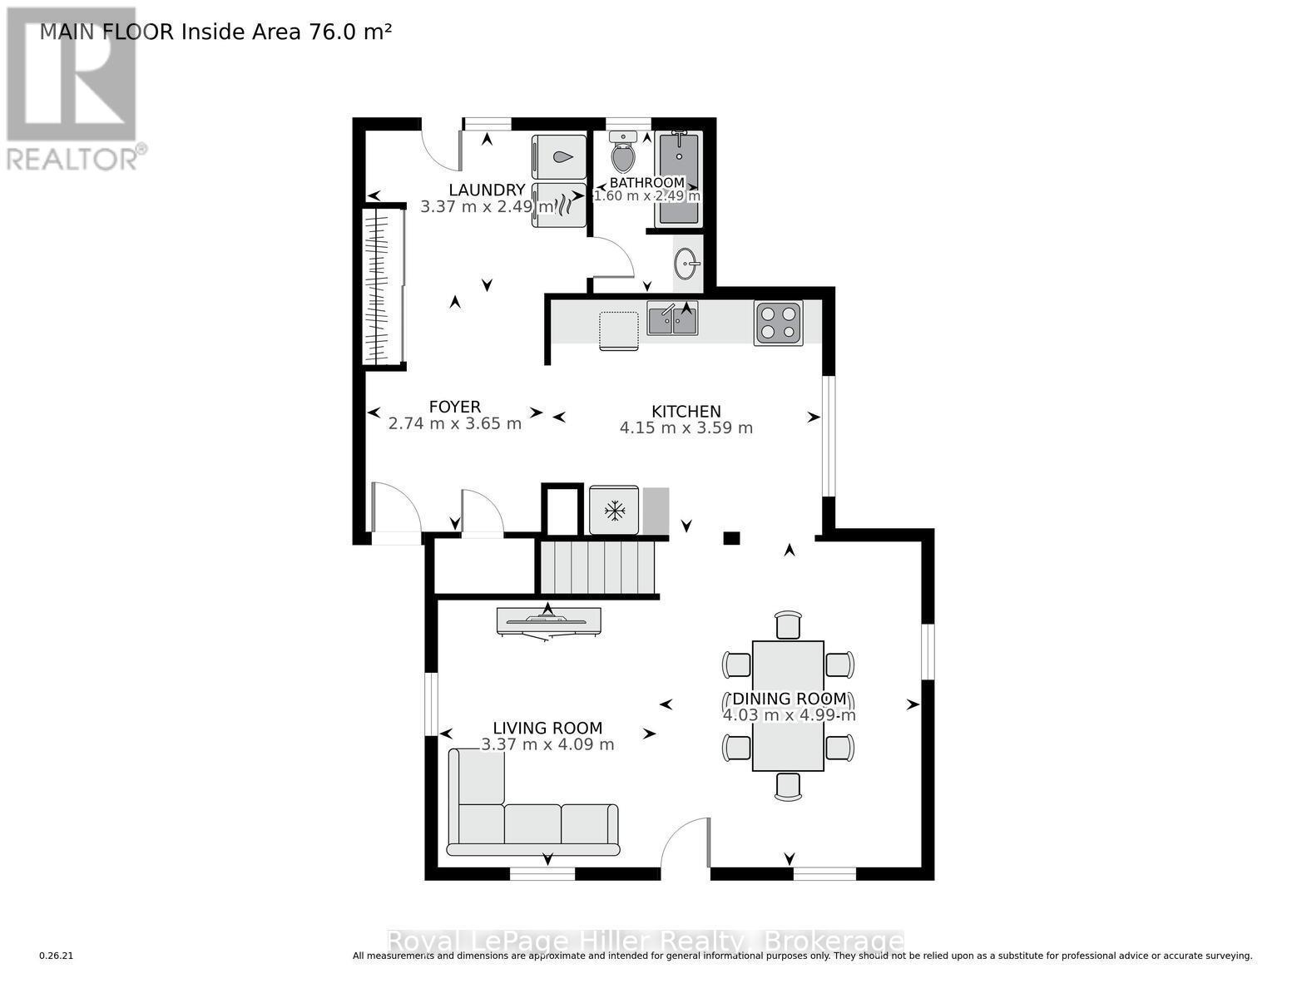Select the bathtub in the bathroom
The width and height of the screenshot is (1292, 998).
coord(678,178)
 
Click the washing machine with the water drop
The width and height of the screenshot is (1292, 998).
coord(559,157)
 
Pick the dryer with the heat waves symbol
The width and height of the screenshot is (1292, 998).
coord(559,205)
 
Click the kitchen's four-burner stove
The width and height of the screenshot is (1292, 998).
coord(779,323)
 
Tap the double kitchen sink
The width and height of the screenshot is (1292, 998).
coord(672,319)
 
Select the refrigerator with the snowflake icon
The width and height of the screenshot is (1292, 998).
coord(614,510)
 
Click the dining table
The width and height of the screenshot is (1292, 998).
coord(788,705)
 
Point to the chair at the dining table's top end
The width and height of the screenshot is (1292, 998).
coord(788,625)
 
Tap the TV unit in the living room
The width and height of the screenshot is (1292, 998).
coord(548,621)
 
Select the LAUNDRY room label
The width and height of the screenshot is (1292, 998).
coord(487,190)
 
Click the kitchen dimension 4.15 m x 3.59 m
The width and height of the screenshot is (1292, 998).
coord(686,428)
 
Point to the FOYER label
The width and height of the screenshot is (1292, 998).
coord(454,407)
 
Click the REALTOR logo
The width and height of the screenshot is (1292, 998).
coord(72,87)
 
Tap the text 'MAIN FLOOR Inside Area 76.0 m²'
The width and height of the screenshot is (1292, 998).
coord(215,32)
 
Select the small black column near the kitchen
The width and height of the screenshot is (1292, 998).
coord(731,538)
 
